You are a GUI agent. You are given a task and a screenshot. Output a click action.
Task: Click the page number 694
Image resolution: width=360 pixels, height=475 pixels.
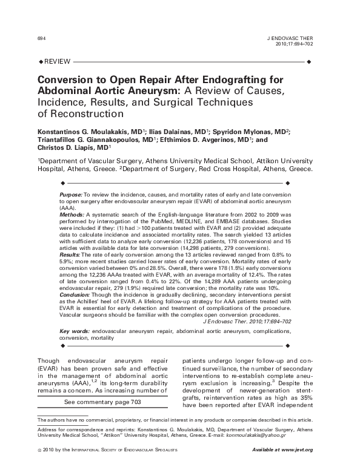(41, 38)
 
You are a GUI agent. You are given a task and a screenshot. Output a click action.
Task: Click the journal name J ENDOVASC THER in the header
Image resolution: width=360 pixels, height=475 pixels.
(290, 38)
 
